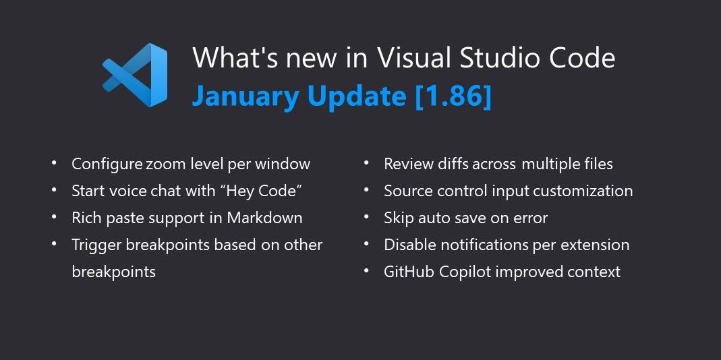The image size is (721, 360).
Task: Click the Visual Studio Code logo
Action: coord(135,75)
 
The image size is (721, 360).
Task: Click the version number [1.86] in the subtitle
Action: coord(453,96)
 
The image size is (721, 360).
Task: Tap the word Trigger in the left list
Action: coord(96,245)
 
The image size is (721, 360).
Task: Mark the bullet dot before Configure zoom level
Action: coord(54,163)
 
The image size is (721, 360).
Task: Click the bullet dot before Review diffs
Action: coord(366,163)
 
